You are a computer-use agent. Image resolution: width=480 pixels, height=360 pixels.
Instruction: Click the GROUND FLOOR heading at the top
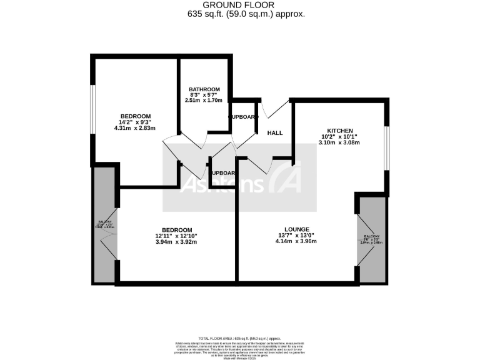coord(239,5)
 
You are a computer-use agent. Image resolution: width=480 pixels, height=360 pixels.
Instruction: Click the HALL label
coord(275,133)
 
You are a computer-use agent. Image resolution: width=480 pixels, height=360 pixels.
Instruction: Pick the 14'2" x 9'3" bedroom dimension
coord(136,122)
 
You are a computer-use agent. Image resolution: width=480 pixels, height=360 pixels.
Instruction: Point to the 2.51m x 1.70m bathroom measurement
coord(203,100)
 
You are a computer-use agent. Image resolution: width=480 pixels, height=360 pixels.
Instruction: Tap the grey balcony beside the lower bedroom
coord(104,225)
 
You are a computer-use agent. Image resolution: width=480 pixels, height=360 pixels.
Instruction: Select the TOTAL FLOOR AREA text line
coord(239,337)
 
